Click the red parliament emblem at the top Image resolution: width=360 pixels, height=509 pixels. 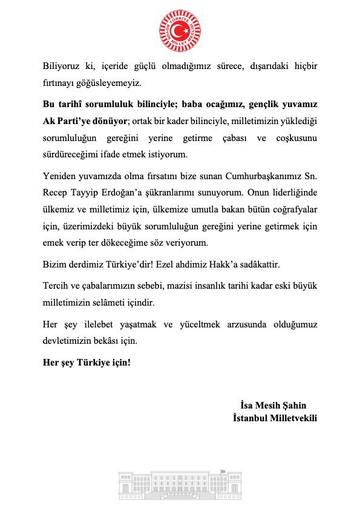pos(180,30)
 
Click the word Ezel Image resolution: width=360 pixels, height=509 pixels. pos(177,264)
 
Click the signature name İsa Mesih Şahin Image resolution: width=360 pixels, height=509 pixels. pos(273,405)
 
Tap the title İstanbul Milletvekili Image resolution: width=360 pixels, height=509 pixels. pos(275,418)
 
